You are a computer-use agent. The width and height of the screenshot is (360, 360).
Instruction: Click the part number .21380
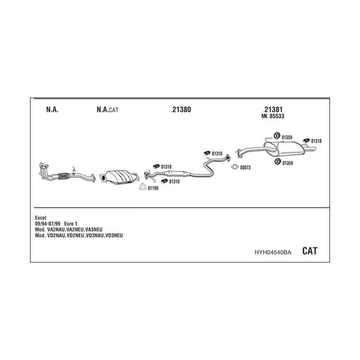point(181,109)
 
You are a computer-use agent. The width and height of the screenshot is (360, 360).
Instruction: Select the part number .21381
point(273,109)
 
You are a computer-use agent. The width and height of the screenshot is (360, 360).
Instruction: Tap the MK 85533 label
point(273,116)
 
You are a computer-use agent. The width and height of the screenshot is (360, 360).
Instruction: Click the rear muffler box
point(289,149)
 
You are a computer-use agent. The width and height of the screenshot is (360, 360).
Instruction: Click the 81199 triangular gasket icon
point(143,187)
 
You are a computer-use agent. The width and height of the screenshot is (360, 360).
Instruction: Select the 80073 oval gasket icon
point(235,167)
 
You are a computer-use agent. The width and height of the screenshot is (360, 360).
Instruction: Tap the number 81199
point(153,188)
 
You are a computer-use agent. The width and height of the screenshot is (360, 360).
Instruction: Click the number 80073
point(245,167)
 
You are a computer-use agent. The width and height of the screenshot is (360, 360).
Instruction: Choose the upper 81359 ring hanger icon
point(277,135)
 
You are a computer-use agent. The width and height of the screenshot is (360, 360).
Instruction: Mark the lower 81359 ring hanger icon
point(278,161)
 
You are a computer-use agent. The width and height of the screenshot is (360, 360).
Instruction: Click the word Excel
point(40,217)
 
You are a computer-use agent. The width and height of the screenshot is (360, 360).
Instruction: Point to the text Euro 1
point(70,223)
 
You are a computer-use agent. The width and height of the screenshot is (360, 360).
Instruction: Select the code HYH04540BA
point(273,252)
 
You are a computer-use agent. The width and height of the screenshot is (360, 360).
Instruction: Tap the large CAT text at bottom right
point(309,250)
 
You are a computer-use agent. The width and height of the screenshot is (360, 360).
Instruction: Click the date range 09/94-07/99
point(47,223)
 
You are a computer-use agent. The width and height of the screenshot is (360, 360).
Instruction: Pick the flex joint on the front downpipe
point(63,175)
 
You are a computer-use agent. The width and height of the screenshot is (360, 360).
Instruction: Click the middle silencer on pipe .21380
point(177,174)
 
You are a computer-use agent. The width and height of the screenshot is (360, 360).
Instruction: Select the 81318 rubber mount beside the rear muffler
point(306,140)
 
